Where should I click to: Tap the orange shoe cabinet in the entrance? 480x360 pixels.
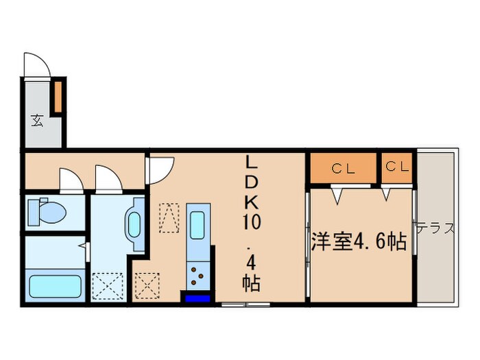pyautogui.click(x=59, y=96)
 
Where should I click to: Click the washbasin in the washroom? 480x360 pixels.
pyautogui.click(x=134, y=223)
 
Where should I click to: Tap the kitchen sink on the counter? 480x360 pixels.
pyautogui.click(x=197, y=224)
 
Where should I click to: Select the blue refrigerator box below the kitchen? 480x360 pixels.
pyautogui.click(x=196, y=298)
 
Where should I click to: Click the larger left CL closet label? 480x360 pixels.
pyautogui.click(x=342, y=168)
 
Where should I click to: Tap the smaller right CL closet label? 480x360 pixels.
pyautogui.click(x=398, y=167)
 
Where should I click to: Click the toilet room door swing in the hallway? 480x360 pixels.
pyautogui.click(x=71, y=180)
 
